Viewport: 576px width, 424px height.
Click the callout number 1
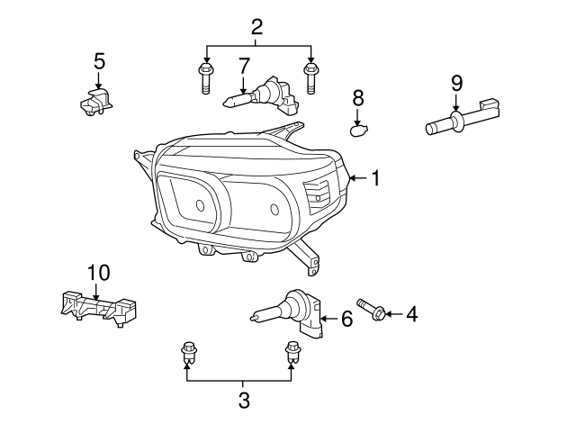pyautogui.click(x=374, y=178)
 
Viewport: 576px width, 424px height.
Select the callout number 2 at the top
pyautogui.click(x=256, y=26)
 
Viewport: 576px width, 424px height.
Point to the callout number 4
pyautogui.click(x=412, y=314)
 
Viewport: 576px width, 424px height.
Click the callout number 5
pyautogui.click(x=99, y=61)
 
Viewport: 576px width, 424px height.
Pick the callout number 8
pyautogui.click(x=357, y=97)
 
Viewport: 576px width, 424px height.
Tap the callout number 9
pyautogui.click(x=456, y=83)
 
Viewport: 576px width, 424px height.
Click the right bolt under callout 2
pyautogui.click(x=311, y=78)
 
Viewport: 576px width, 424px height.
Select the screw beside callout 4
pyautogui.click(x=372, y=310)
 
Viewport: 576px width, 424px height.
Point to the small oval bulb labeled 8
pyautogui.click(x=358, y=131)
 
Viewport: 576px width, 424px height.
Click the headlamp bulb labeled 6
pyautogui.click(x=291, y=312)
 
